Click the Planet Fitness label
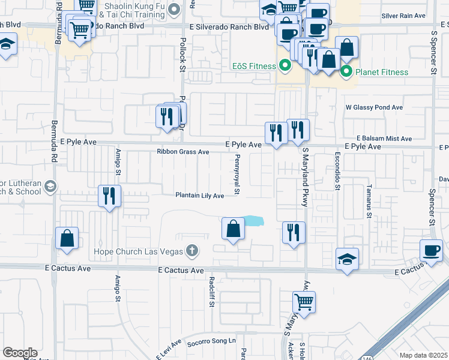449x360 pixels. (382, 73)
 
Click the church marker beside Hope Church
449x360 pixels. (191, 250)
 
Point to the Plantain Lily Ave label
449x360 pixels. (199, 196)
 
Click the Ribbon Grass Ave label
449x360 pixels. (183, 152)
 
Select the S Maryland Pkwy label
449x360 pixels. (305, 177)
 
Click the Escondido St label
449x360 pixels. (337, 172)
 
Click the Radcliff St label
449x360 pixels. (212, 291)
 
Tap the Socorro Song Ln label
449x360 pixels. (212, 341)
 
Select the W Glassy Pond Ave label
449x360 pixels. (373, 107)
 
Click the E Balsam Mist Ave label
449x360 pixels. (384, 139)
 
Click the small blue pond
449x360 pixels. (253, 221)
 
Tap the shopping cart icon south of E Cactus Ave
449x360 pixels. (304, 302)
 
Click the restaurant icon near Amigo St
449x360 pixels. (110, 196)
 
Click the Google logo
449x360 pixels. (20, 353)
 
